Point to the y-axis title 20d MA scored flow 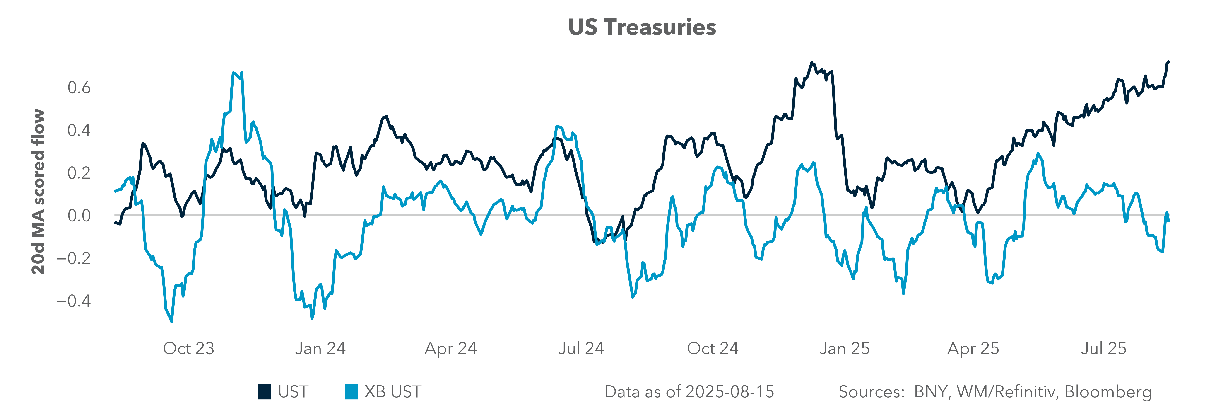tap(38, 192)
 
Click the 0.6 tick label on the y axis tap(79, 88)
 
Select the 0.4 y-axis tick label tap(79, 130)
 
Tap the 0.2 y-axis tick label tap(79, 173)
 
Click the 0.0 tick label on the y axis tap(79, 216)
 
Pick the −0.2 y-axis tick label tap(74, 258)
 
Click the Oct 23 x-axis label tap(188, 349)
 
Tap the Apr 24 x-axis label tap(450, 349)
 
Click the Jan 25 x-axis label tap(844, 349)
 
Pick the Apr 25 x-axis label tap(973, 349)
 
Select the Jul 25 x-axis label tap(1103, 349)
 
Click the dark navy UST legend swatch tap(265, 392)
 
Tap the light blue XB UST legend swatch tap(351, 392)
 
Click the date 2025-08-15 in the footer tap(730, 392)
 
